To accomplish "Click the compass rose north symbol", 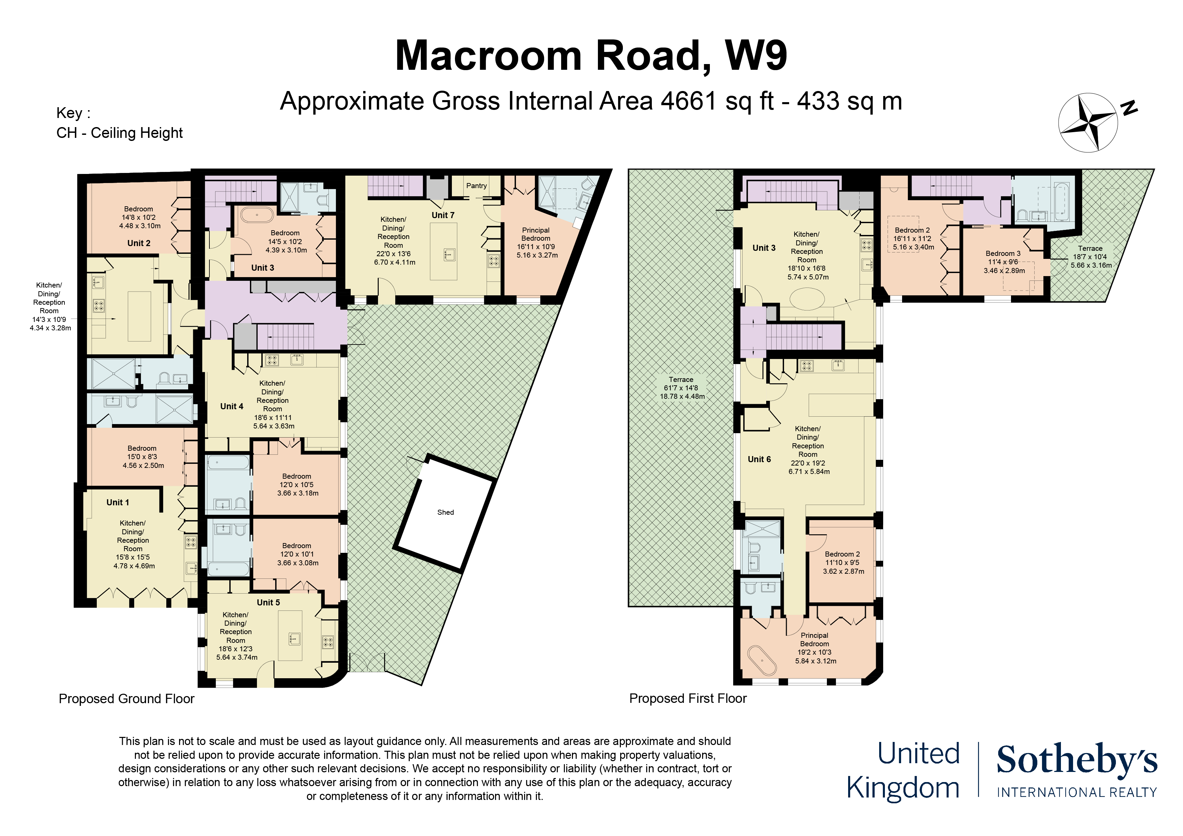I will (x=1088, y=123).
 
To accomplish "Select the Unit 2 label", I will (x=139, y=243).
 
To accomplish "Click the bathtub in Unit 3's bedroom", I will (x=257, y=214).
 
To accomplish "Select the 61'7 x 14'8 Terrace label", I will (x=681, y=388).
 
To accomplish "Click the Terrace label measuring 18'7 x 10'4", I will (x=1090, y=257).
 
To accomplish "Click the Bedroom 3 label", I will (x=1003, y=253).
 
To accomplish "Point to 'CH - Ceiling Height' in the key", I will (x=119, y=133).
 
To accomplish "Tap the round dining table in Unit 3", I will (x=807, y=299).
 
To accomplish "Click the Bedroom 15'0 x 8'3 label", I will (x=143, y=456).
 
